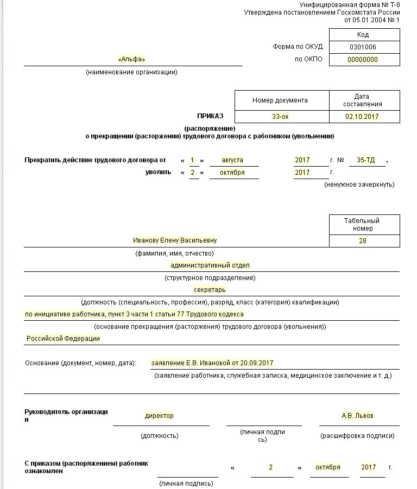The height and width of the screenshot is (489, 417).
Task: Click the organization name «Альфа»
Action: coord(131,59)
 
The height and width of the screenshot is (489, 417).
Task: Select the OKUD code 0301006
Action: coord(363,47)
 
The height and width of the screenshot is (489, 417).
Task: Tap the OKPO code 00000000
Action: coord(363,60)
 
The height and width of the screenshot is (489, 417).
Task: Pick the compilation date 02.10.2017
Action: coord(362,117)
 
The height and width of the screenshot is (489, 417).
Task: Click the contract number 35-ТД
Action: coord(365,160)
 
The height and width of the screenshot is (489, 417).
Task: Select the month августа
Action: coord(232,160)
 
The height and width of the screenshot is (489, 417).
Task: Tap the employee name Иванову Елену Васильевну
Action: coord(170,240)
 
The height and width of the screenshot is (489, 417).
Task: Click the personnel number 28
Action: coord(363,241)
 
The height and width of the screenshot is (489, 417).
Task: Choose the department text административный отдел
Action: coord(210,265)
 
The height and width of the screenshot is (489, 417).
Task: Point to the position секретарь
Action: coord(210,290)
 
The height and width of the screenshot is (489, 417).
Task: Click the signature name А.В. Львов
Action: coord(357,416)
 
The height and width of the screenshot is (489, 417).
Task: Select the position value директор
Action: coord(159,416)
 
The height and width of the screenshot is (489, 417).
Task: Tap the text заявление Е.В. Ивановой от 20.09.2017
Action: coord(212,363)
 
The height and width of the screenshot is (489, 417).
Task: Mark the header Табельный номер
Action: coord(362,225)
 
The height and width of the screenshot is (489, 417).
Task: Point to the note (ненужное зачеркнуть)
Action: coord(359,185)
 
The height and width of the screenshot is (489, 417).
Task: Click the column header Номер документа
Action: coord(280,100)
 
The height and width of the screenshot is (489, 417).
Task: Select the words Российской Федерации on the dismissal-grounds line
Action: coord(64,338)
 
